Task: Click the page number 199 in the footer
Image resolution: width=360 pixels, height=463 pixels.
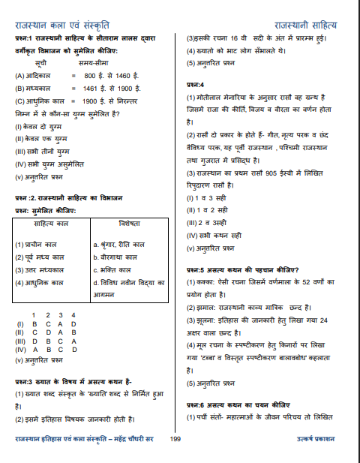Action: pos(175,437)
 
